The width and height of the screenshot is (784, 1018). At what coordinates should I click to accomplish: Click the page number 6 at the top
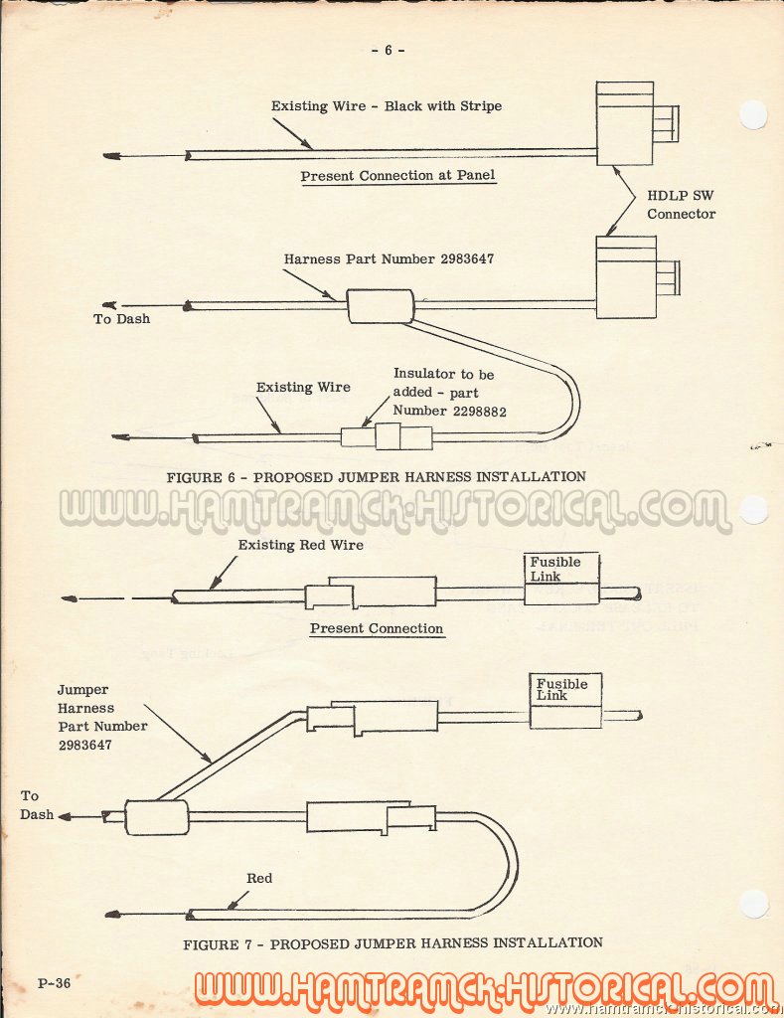click(389, 50)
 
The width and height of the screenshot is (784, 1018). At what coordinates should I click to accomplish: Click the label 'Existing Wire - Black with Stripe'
click(387, 105)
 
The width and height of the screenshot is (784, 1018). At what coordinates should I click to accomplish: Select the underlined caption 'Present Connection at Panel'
click(397, 175)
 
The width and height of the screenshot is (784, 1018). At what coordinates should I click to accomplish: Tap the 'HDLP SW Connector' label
click(681, 205)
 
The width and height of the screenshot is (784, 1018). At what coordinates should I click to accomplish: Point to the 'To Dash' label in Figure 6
click(121, 319)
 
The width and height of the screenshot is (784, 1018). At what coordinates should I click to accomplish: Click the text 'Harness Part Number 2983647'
click(389, 259)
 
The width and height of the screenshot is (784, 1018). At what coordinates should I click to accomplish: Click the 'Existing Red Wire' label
click(300, 545)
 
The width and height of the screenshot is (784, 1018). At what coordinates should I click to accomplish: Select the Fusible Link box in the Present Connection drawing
click(560, 579)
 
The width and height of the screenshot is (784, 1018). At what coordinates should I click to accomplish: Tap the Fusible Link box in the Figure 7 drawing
click(565, 700)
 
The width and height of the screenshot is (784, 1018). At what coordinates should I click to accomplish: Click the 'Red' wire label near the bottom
click(259, 879)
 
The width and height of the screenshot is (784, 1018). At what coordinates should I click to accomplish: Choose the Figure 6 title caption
click(376, 476)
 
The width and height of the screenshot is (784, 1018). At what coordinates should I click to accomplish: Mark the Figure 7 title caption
click(392, 943)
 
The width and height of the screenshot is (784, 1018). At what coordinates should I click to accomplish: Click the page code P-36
click(54, 983)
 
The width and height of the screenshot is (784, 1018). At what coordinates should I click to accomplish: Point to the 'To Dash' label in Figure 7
click(37, 805)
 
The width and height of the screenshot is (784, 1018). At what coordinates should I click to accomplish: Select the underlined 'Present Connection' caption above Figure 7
click(377, 628)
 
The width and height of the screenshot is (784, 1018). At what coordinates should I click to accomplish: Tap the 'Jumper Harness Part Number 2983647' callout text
click(102, 717)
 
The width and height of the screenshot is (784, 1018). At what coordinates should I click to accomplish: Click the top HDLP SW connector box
click(624, 123)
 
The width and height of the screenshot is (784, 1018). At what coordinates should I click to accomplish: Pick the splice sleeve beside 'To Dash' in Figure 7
click(156, 817)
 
